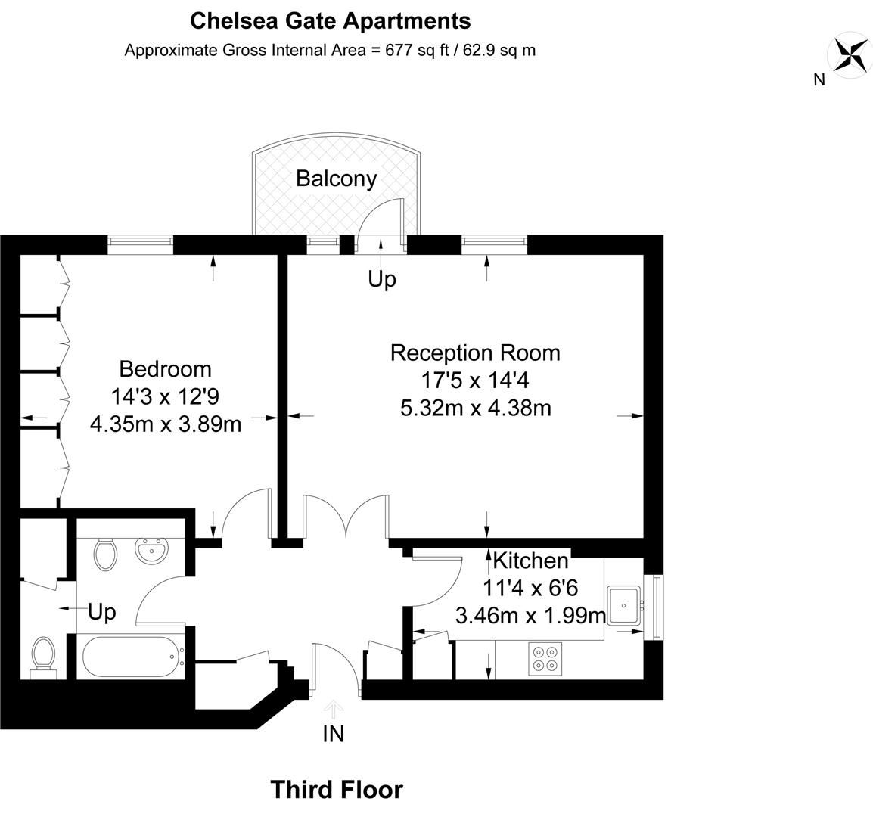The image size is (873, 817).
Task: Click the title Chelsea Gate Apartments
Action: (x=330, y=20)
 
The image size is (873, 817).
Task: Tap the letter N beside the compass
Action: (x=819, y=79)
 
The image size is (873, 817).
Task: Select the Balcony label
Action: (x=336, y=179)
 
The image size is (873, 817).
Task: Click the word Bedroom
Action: (x=166, y=369)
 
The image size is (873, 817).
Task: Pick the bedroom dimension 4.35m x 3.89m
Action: (x=166, y=424)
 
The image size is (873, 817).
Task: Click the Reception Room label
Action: (x=475, y=353)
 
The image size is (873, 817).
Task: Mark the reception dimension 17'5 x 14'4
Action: (x=475, y=380)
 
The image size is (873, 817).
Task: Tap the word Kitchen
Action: (x=530, y=561)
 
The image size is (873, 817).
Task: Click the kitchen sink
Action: (x=625, y=604)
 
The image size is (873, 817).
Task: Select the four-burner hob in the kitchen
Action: (x=545, y=657)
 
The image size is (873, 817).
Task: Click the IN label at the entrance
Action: (x=334, y=734)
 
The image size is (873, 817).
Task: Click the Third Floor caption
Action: (x=337, y=790)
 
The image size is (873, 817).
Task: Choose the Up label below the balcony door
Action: (x=381, y=279)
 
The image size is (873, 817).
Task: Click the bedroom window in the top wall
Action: (x=141, y=244)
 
